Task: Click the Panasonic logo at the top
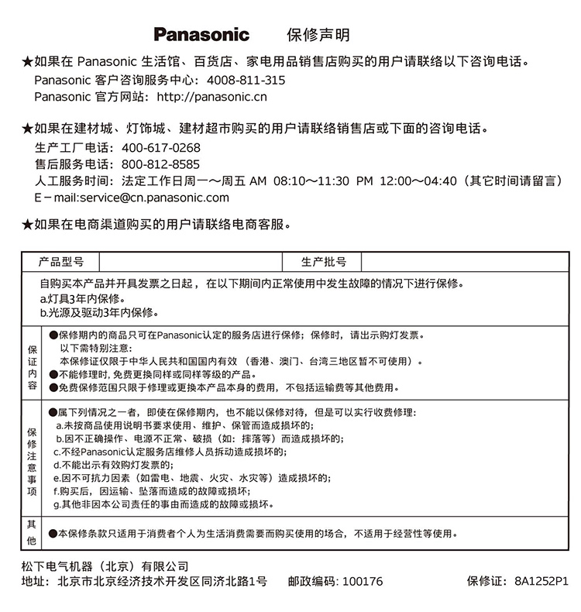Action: pos(201,35)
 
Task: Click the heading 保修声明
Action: pos(318,35)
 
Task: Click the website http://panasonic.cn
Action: pos(211,97)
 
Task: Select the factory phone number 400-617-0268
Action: pos(161,148)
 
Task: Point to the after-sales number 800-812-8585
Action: pos(161,164)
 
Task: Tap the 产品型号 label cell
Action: pos(61,262)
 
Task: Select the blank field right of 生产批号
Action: pos(465,262)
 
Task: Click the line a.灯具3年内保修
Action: pos(82,299)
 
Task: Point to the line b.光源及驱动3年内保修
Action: pos(99,313)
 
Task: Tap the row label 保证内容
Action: pos(32,363)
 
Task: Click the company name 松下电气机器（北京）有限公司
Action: pos(105,566)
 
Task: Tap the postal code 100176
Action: pos(362,582)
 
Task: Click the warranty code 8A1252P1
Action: pos(541,582)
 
